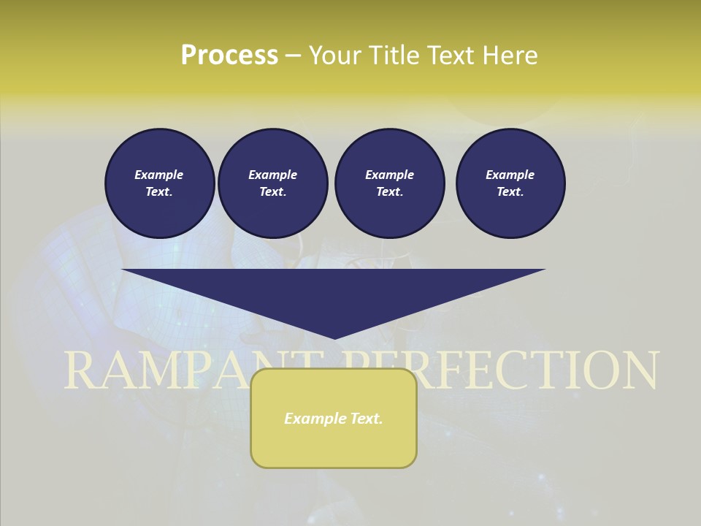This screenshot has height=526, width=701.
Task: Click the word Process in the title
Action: (x=229, y=56)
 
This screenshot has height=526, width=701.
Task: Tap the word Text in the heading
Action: (x=450, y=56)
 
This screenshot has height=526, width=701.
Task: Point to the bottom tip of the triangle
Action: (x=334, y=337)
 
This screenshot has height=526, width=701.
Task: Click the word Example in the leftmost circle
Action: (x=159, y=175)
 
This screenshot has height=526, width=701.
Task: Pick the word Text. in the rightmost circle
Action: (x=510, y=191)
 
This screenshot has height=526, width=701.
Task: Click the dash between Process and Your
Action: (x=294, y=56)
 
